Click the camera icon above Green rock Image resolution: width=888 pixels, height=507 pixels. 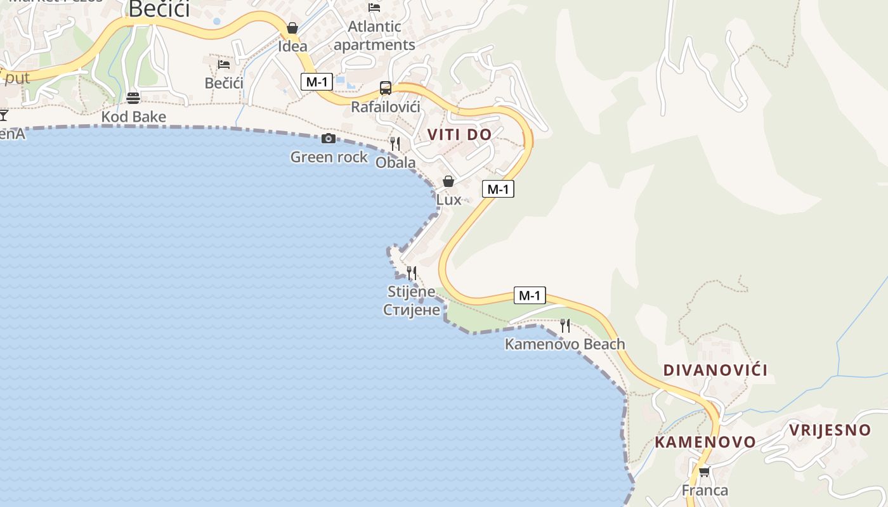tap(329, 138)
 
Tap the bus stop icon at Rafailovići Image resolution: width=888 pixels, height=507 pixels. tap(386, 88)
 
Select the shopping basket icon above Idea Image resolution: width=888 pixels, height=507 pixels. tap(292, 28)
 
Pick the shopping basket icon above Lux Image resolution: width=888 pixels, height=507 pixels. tap(448, 181)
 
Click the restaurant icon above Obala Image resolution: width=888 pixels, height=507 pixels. tap(395, 144)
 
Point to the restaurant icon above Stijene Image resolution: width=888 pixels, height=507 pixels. tap(412, 273)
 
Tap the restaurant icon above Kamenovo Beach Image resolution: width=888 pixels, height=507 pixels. tap(565, 326)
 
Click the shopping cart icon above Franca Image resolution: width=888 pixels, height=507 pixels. tap(704, 472)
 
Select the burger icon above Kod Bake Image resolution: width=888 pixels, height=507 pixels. tap(133, 98)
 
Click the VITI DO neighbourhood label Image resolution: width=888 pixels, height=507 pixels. tap(459, 134)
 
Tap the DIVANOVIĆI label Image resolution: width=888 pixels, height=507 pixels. tap(715, 370)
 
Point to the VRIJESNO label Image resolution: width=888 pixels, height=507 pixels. tap(830, 430)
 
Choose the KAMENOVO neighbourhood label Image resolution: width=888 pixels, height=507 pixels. tap(705, 442)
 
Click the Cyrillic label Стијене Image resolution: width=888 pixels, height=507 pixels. tap(412, 310)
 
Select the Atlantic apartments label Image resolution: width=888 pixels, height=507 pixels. tap(374, 35)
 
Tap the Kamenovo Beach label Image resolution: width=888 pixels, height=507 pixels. tap(565, 344)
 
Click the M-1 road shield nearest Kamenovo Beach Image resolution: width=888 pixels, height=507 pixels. tap(529, 295)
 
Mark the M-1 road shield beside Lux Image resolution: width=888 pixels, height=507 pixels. tap(497, 189)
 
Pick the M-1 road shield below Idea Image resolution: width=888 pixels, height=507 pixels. tap(317, 82)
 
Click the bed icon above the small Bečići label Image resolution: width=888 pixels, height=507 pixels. tap(224, 64)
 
